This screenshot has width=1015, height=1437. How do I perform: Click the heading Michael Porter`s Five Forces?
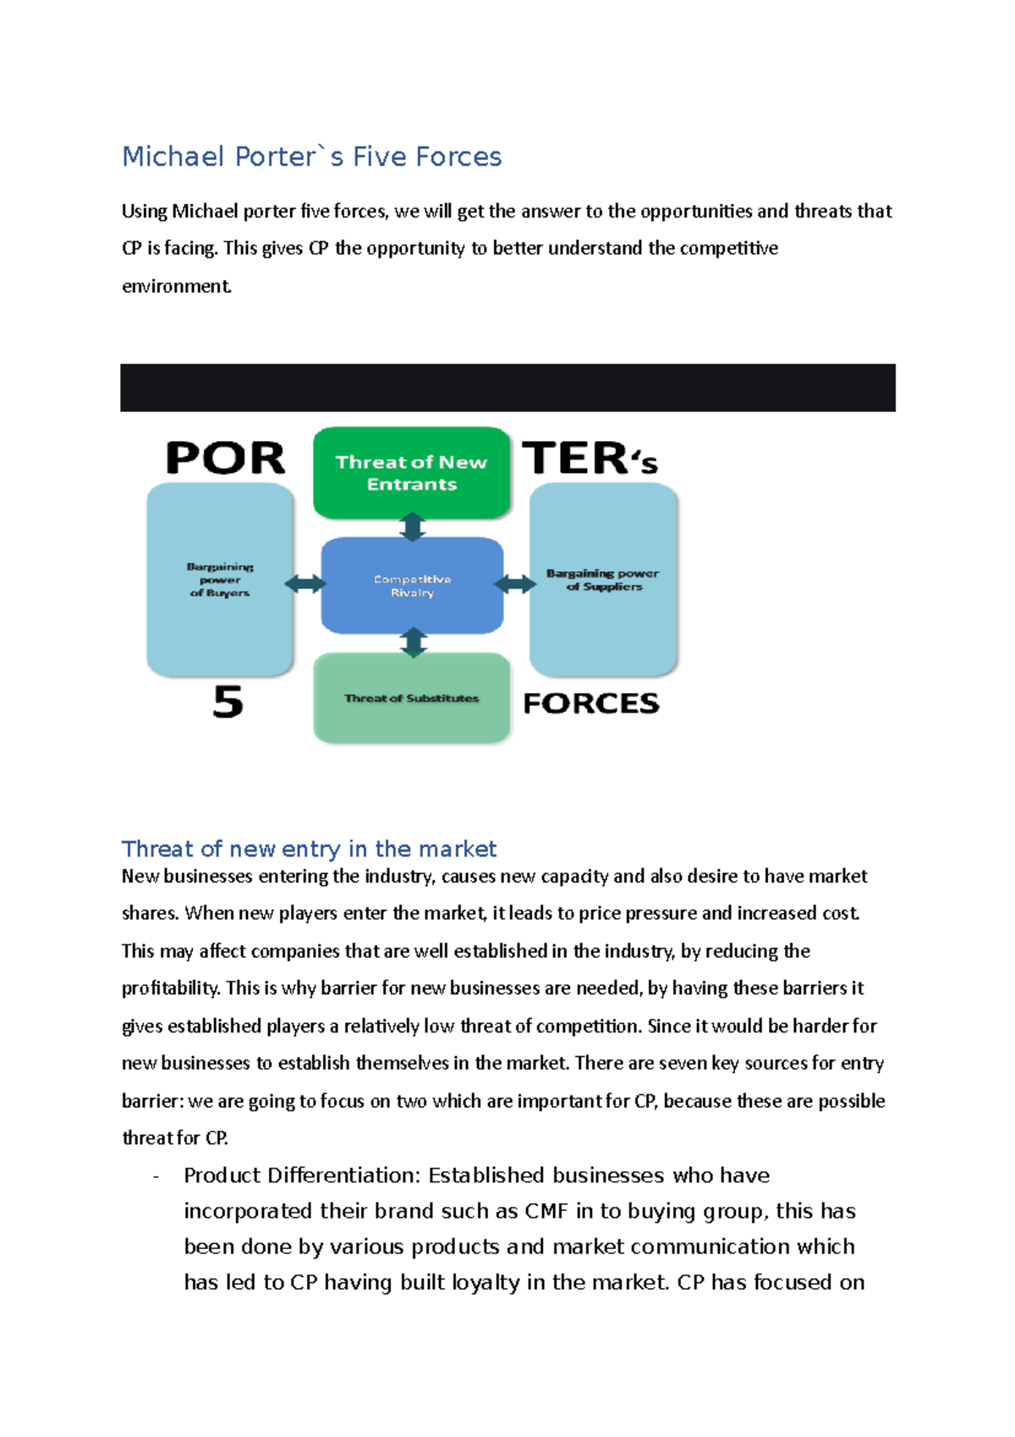click(x=311, y=157)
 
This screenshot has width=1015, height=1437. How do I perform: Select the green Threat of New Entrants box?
click(x=412, y=473)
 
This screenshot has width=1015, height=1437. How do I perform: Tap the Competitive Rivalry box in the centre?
click(x=412, y=586)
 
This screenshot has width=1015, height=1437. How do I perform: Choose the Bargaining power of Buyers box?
click(x=220, y=580)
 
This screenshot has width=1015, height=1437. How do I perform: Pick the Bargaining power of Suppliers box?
click(x=603, y=580)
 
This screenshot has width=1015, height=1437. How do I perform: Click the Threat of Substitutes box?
click(x=412, y=699)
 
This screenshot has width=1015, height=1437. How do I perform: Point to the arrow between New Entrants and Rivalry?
click(x=412, y=527)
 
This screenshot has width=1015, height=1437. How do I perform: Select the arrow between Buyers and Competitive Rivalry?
click(x=305, y=584)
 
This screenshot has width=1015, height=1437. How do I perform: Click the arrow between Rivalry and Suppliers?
click(x=515, y=584)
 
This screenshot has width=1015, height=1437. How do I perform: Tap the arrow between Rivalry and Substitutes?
click(x=412, y=642)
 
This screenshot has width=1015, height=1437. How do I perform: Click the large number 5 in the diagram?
click(x=228, y=702)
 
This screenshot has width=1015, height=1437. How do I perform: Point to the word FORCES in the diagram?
click(x=591, y=703)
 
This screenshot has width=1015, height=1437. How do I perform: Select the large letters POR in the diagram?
click(x=226, y=459)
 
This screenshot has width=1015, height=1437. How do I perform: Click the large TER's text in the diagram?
click(x=590, y=459)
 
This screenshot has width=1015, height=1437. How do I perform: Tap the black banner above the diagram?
click(x=507, y=388)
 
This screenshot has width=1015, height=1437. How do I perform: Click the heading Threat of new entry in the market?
click(x=309, y=849)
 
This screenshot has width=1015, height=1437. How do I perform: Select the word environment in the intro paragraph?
click(x=176, y=286)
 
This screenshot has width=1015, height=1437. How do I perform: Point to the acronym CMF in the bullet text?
click(x=546, y=1211)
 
